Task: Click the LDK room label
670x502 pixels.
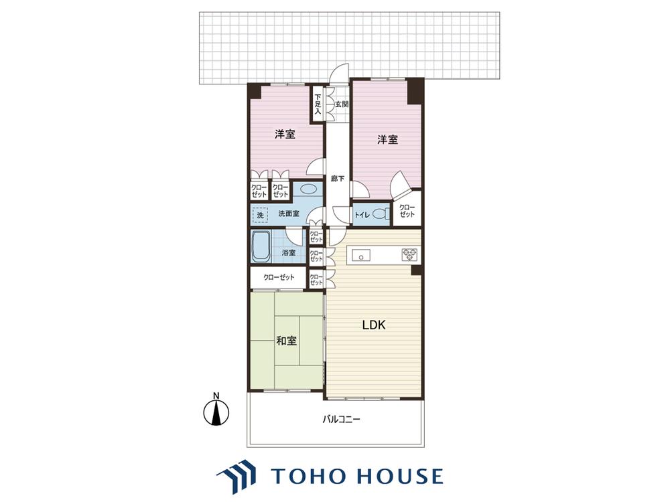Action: pos(374,325)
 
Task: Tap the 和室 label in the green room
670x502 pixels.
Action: pos(286,341)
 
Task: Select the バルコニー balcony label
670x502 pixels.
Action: pos(341,419)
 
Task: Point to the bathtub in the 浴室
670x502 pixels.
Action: pos(260,247)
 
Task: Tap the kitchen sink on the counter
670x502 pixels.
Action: pos(362,255)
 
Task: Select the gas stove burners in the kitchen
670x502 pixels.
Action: pos(409,255)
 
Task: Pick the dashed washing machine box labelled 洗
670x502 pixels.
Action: pos(260,215)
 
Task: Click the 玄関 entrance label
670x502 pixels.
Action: pos(342,104)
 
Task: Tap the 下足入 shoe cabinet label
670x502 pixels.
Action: pos(318,104)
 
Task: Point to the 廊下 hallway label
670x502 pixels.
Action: pos(338,179)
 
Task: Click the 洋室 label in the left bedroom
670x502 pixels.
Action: pos(285,135)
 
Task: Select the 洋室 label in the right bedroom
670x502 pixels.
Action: pos(387,140)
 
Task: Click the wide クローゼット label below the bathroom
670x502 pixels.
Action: pos(279,278)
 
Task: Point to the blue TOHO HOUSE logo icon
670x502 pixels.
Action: pos(237,475)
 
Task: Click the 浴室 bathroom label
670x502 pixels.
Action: pos(289,253)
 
